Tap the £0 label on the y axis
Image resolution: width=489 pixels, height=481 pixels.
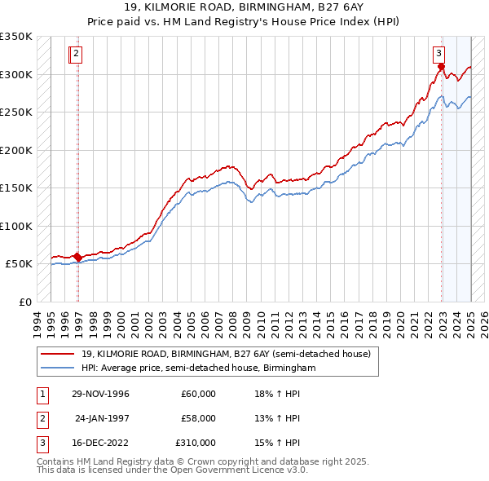(x=23, y=302)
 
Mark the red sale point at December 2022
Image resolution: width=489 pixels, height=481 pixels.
(x=441, y=67)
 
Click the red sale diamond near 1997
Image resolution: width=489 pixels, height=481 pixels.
(x=77, y=257)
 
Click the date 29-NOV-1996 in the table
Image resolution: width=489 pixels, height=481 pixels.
(x=100, y=394)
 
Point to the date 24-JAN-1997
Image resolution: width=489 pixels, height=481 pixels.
(x=102, y=418)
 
